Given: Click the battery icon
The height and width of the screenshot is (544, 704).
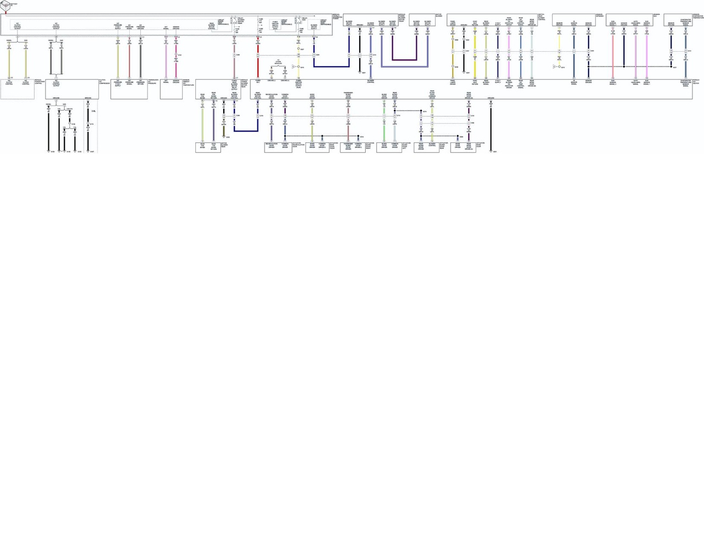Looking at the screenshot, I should (5, 5).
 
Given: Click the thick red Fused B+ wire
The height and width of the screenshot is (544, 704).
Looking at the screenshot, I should (257, 66).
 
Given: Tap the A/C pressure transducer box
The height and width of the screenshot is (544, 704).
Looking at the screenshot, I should (129, 89).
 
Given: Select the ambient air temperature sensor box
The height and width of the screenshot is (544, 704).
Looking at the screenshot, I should (171, 89).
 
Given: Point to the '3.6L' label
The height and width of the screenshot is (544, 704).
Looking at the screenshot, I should (94, 111).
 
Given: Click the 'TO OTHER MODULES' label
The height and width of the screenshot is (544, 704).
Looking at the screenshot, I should (278, 62).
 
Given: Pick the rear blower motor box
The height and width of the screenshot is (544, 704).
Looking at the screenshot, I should (208, 147).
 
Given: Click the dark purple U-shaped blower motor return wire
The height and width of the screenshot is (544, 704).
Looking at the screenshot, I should (404, 59).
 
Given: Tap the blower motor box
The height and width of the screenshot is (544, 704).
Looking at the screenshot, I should (422, 20).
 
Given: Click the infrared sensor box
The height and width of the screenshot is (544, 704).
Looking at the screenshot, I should (574, 20).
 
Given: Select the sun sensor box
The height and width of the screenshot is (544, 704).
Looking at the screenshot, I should (629, 20).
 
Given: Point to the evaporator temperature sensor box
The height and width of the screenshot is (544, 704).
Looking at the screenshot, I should (678, 20).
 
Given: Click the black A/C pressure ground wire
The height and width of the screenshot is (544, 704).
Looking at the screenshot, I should (141, 61).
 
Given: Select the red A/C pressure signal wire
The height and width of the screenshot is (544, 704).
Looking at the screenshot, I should (129, 61).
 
